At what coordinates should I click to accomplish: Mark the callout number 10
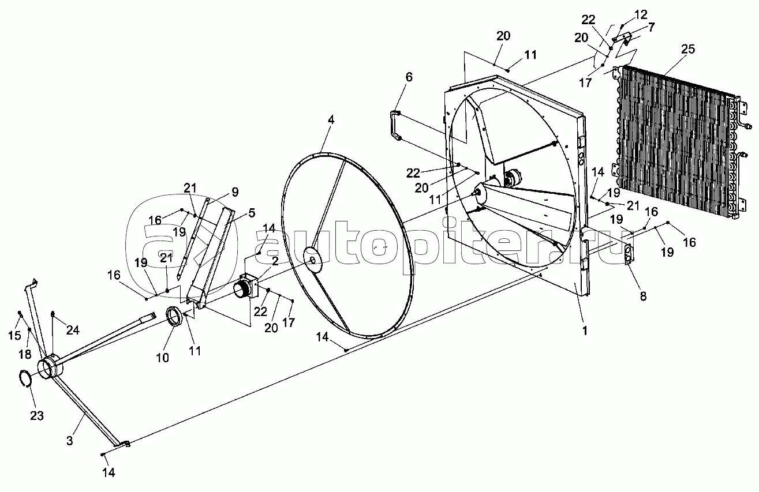[x=162, y=358]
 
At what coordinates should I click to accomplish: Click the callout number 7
[x=635, y=27]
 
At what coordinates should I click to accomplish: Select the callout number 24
[x=73, y=330]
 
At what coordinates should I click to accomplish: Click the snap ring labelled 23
[x=25, y=381]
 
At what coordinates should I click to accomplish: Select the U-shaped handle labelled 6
[x=395, y=124]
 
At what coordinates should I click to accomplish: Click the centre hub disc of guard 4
[x=314, y=260]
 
